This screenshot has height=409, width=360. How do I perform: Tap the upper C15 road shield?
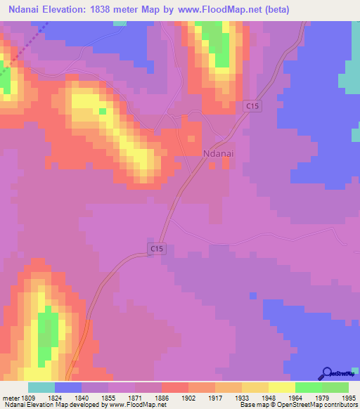coord(253,105)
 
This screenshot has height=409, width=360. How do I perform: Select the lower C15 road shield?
coord(157,248)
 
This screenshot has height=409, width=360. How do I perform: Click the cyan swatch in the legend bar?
coord(41,387)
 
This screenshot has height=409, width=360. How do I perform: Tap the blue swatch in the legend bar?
coord(68,387)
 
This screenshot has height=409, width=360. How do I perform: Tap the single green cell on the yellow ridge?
coord(103,111)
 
